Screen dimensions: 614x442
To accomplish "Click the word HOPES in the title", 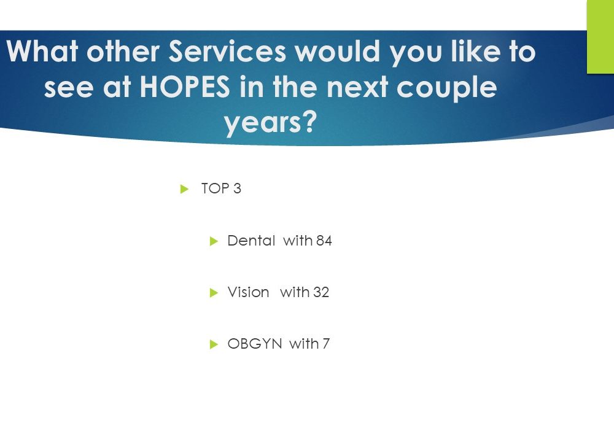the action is point(185,87).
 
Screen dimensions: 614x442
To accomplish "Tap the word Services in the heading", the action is point(228,52).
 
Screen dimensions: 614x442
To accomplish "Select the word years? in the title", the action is point(270,122).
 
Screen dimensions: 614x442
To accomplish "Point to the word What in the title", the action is point(42,51).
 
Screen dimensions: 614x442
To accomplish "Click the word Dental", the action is point(251,241).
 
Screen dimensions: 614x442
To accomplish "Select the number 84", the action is point(324,241).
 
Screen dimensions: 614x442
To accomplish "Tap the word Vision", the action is point(248,292).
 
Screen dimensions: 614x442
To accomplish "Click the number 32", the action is point(321,292).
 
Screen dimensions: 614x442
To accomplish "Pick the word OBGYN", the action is point(255,344).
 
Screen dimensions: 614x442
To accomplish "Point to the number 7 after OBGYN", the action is point(326,344).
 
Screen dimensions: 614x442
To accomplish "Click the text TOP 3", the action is point(221,188).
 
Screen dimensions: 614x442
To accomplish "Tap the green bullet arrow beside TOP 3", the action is point(184,189).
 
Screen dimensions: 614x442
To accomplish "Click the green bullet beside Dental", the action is point(214,241).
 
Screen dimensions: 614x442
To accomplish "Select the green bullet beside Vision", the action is point(214,293).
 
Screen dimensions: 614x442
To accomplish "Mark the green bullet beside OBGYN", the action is point(214,344).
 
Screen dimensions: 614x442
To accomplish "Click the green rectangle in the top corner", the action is point(600,37).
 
